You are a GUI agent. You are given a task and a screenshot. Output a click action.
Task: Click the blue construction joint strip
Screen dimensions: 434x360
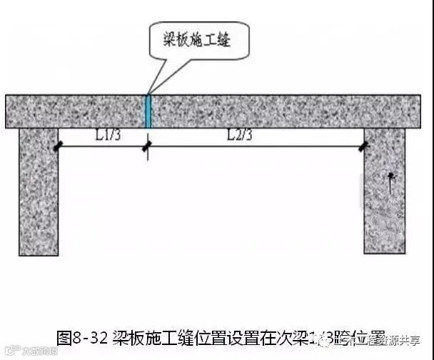(x=148, y=111)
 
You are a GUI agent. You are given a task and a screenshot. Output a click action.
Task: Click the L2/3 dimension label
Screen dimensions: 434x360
(x=241, y=134)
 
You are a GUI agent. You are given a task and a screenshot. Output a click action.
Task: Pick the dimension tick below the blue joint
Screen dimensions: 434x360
(x=148, y=147)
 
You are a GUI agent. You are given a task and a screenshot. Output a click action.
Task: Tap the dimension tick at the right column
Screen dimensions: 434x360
(x=365, y=146)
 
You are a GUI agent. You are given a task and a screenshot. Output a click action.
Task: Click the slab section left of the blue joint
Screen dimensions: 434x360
(x=75, y=111)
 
